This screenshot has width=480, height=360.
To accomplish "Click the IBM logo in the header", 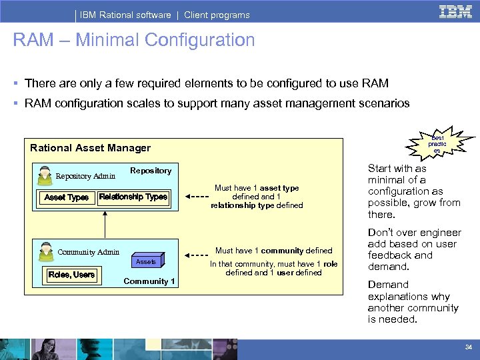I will (456, 11).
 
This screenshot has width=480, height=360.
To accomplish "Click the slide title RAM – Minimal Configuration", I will (133, 41).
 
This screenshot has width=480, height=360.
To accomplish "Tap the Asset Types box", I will (66, 197).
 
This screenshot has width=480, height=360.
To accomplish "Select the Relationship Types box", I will (133, 197).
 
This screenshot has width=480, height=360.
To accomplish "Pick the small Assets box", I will (146, 262).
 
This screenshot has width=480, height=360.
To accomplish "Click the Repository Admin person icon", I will (45, 175).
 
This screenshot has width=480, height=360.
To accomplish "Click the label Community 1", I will (149, 281).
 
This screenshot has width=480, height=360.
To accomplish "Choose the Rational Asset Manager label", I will (91, 148).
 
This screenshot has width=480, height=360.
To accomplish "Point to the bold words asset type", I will (279, 188).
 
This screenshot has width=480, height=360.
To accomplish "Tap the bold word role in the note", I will (331, 264).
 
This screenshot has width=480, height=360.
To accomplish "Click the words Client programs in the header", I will (217, 15).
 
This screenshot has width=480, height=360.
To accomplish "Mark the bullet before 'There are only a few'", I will (15, 84).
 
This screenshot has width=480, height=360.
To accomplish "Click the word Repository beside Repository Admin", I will (151, 171).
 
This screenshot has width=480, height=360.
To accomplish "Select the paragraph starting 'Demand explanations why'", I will (413, 302).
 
